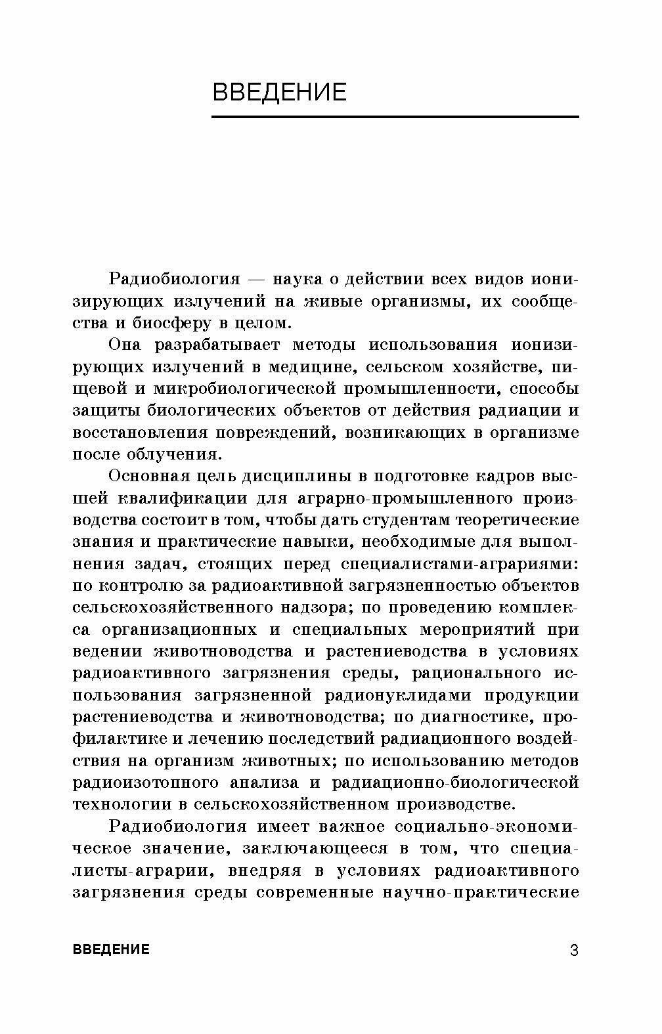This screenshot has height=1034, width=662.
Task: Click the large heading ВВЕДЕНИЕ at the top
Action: [x=279, y=92]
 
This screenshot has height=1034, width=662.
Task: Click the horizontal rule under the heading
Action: [x=395, y=118]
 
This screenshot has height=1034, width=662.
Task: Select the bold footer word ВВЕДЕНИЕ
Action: [x=111, y=949]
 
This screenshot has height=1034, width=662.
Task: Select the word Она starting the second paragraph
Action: [x=124, y=345]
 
